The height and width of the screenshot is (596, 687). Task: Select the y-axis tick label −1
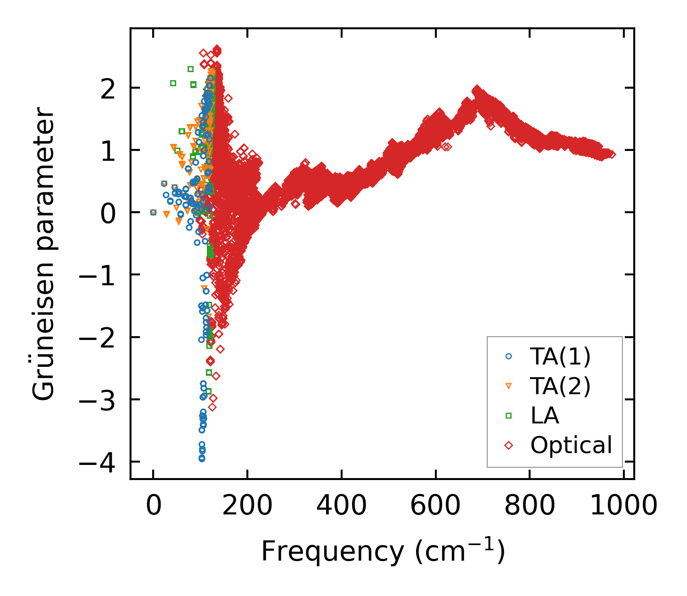click(x=97, y=276)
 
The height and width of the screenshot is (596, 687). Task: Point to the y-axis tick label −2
click(x=97, y=338)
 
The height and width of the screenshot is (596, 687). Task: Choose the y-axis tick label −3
click(x=97, y=401)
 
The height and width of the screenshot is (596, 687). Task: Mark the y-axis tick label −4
click(x=97, y=463)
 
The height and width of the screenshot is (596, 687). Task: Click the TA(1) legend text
click(x=560, y=357)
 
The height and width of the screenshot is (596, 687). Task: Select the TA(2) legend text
click(x=560, y=387)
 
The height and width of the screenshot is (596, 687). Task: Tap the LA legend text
click(x=545, y=416)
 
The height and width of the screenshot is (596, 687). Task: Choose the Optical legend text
click(x=571, y=445)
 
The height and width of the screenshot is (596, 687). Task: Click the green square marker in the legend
click(x=508, y=415)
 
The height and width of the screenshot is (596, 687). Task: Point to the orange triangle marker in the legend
click(x=508, y=386)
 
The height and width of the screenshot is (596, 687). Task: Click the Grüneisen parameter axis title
click(x=44, y=254)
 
